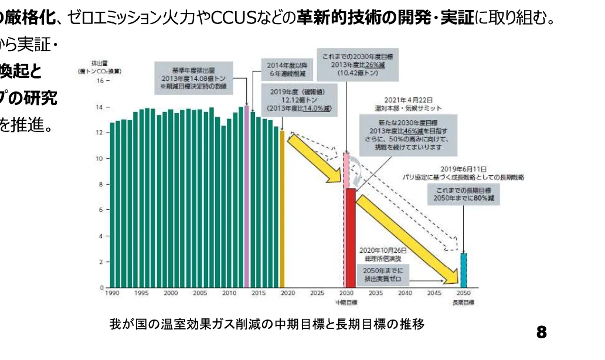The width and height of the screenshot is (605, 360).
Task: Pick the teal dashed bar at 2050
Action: click(463, 270)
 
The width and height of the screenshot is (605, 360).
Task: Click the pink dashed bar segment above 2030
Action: click(346, 170)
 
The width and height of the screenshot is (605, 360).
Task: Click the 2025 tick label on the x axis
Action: click(317, 293)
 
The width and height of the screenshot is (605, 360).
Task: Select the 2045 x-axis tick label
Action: click(434, 293)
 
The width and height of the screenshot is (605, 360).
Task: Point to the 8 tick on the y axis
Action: click(100, 185)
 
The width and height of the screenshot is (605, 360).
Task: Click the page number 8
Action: click(541, 333)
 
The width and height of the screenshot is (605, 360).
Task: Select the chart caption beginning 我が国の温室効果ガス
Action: click(267, 324)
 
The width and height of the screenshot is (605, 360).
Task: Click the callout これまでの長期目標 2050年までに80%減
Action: click(463, 195)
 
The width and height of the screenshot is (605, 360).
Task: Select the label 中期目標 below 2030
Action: click(346, 303)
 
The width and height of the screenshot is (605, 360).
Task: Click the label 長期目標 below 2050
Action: click(463, 303)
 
